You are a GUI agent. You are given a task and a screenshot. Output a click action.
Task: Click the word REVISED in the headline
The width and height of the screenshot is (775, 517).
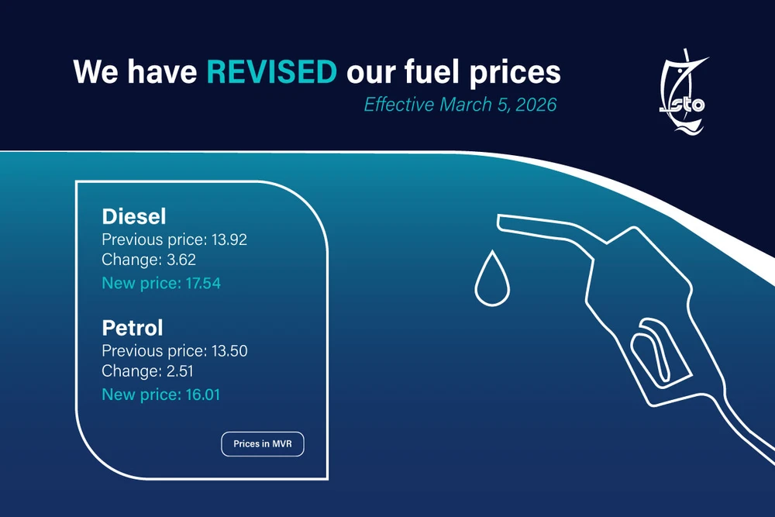point(271,72)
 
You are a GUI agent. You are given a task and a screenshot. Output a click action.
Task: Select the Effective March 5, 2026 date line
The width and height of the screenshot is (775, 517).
point(460,105)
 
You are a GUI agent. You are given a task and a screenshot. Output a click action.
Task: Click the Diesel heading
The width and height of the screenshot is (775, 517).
point(134,215)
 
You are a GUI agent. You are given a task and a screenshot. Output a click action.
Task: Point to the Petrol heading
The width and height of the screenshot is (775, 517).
point(133,326)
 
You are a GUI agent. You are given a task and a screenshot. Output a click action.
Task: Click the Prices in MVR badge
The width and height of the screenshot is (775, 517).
point(263,444)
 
